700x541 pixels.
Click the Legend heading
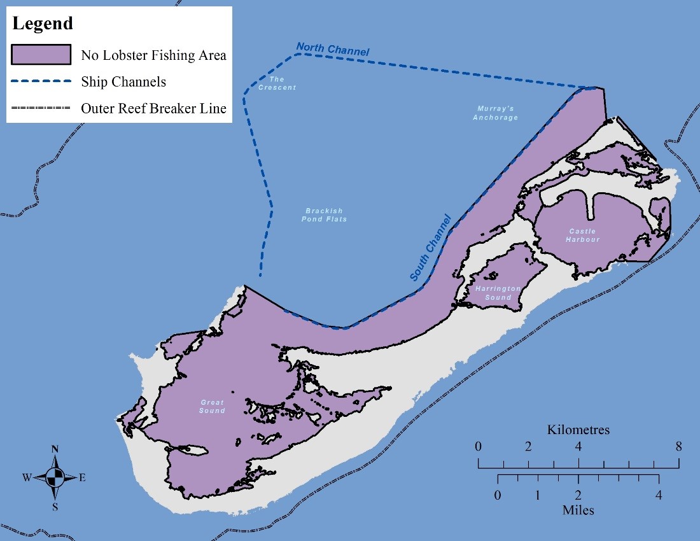coord(43,24)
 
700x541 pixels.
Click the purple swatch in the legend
coord(41,55)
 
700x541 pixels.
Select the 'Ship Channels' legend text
coord(123,82)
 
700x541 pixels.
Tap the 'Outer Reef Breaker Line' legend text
coord(153,108)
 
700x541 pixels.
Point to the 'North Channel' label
coord(333,49)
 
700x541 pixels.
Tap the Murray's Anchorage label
coord(496,113)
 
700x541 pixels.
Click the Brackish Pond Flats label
coord(324,215)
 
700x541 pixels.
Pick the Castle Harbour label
coord(584,235)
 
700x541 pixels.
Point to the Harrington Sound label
coord(498,293)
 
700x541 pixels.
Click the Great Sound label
coord(212,406)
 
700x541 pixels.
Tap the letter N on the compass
coord(55,449)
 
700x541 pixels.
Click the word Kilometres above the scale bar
coord(578,430)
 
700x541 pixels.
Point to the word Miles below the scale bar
coord(578,510)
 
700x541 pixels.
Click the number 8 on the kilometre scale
coord(678,446)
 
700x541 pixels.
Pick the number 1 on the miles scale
coord(538,495)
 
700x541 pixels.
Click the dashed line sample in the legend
coord(41,82)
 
